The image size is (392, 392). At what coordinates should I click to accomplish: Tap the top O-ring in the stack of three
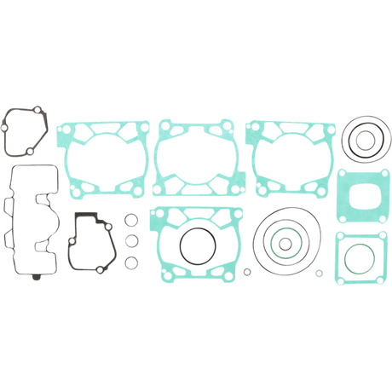pyautogui.click(x=131, y=222)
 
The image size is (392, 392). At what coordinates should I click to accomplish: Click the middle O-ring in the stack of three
pyautogui.click(x=131, y=240)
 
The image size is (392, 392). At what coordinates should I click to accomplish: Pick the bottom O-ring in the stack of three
pyautogui.click(x=131, y=260)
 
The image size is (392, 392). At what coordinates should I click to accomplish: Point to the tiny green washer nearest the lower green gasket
pyautogui.click(x=247, y=273)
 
